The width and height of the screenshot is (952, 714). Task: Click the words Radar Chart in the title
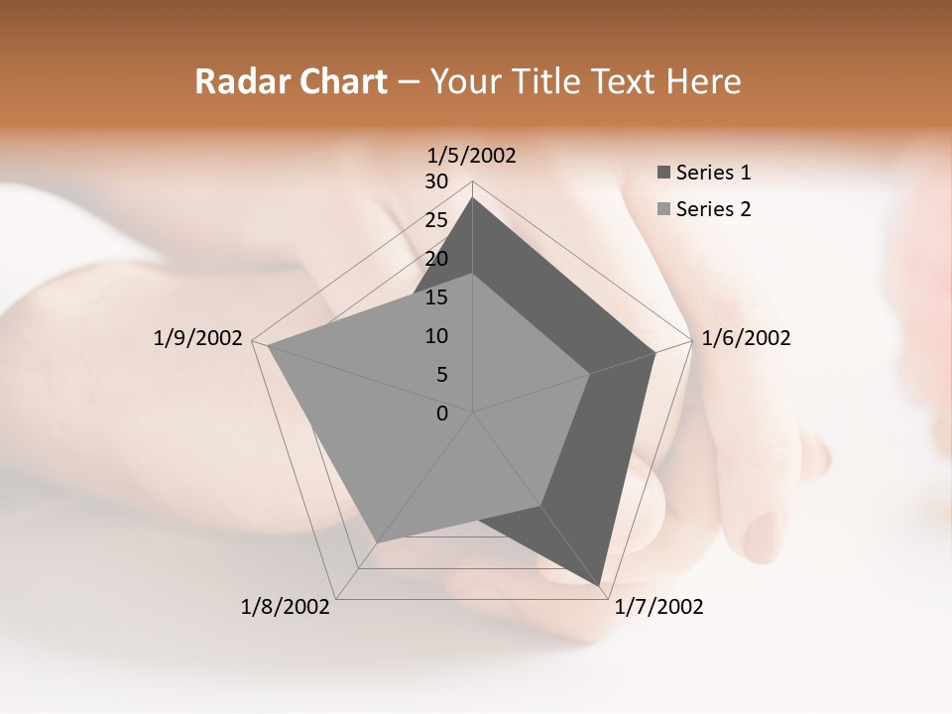(x=291, y=81)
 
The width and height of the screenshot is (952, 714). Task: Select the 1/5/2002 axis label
(x=472, y=155)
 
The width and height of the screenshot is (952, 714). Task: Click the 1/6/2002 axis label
(x=746, y=338)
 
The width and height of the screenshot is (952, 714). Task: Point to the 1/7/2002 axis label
(x=658, y=607)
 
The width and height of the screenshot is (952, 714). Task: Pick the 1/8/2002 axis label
(x=286, y=607)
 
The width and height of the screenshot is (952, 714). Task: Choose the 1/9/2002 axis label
(x=198, y=338)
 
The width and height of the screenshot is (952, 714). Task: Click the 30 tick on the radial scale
(x=436, y=181)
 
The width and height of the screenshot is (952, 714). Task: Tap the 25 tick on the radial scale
(x=436, y=220)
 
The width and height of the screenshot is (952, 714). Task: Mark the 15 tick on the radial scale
(x=436, y=297)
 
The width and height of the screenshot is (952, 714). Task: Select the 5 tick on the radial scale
(x=441, y=375)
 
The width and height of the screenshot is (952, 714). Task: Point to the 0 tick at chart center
(x=442, y=414)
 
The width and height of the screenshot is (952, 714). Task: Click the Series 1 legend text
(x=713, y=173)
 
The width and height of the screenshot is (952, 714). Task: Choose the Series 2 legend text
(x=713, y=209)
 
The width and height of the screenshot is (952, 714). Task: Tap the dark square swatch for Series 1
(x=663, y=174)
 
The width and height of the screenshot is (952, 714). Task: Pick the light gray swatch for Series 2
(x=663, y=209)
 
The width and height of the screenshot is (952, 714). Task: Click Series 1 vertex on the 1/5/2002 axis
(x=473, y=198)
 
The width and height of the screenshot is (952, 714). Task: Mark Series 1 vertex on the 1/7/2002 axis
(x=600, y=586)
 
